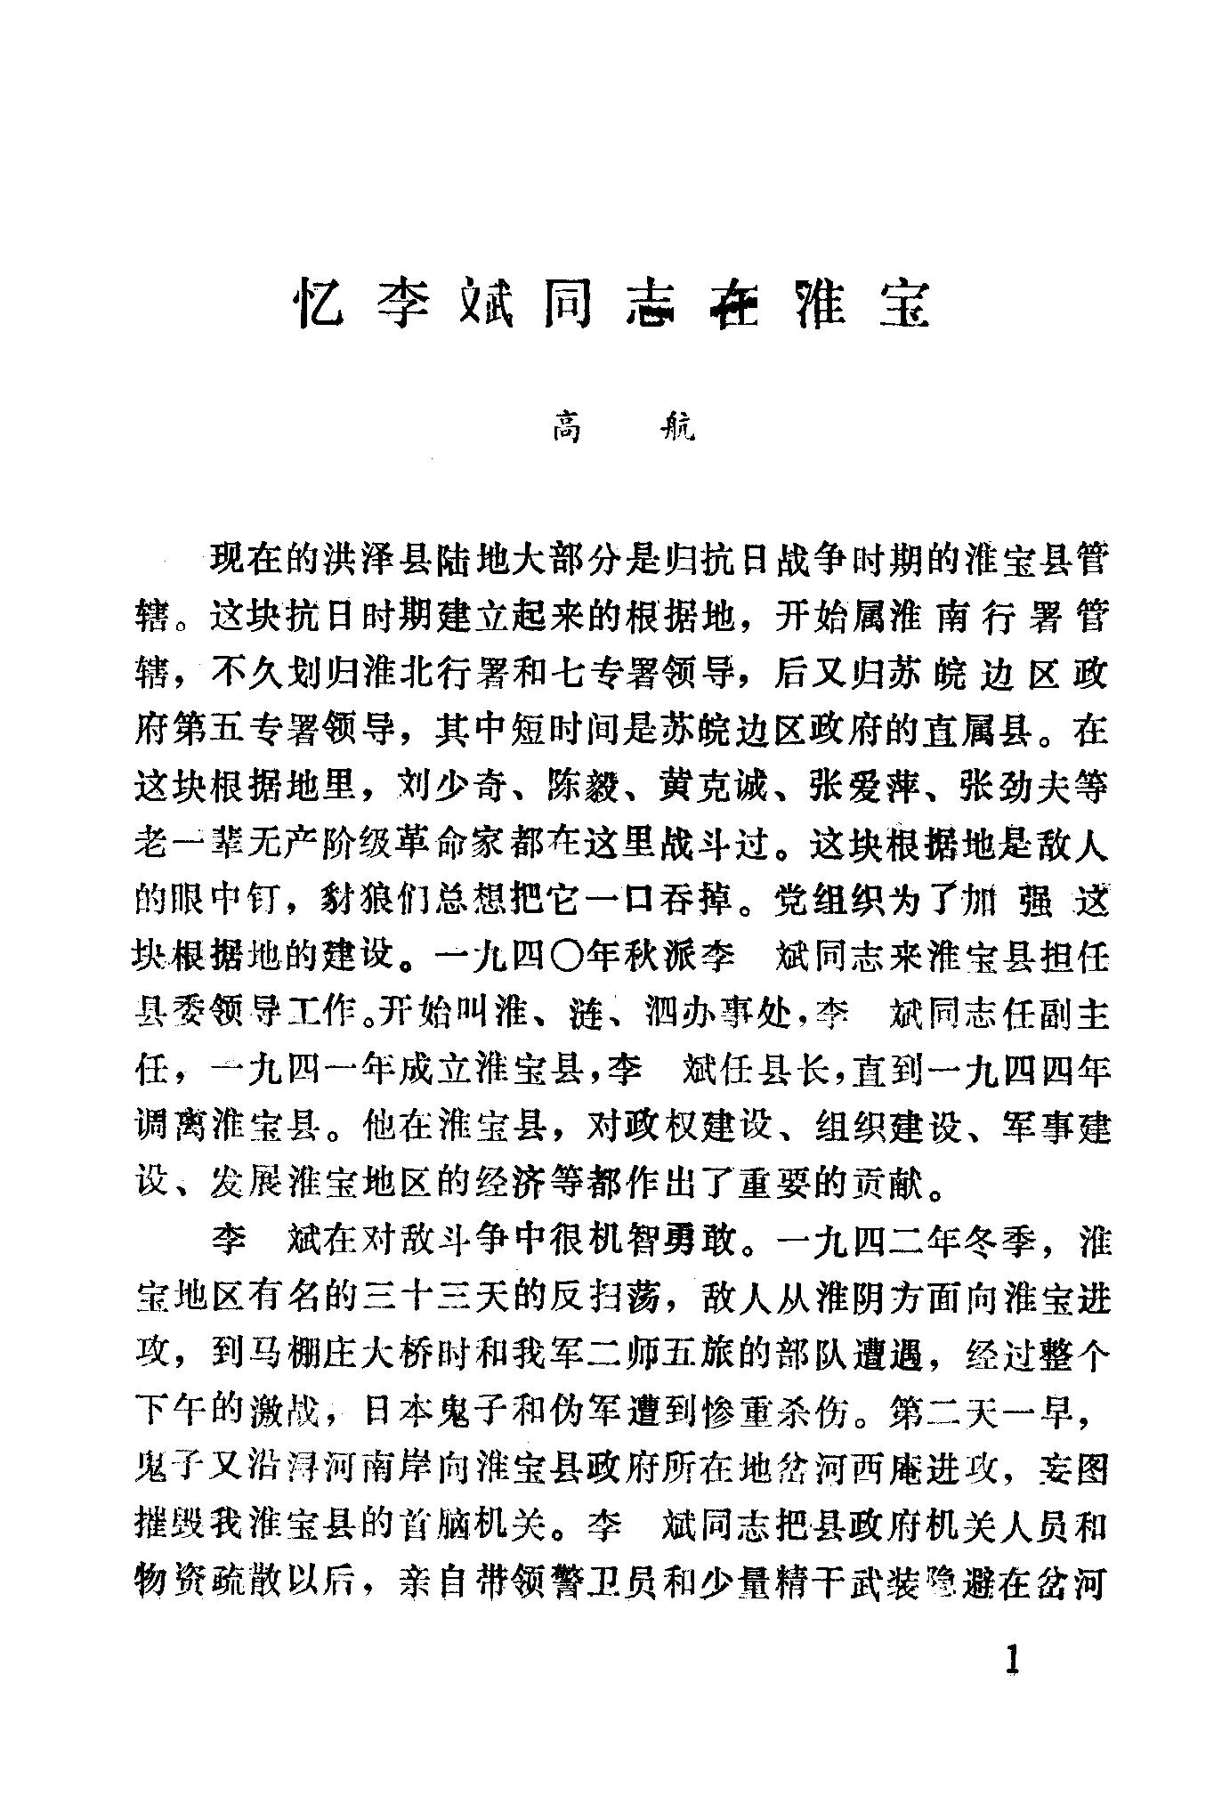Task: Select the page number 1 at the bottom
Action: [1010, 1661]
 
